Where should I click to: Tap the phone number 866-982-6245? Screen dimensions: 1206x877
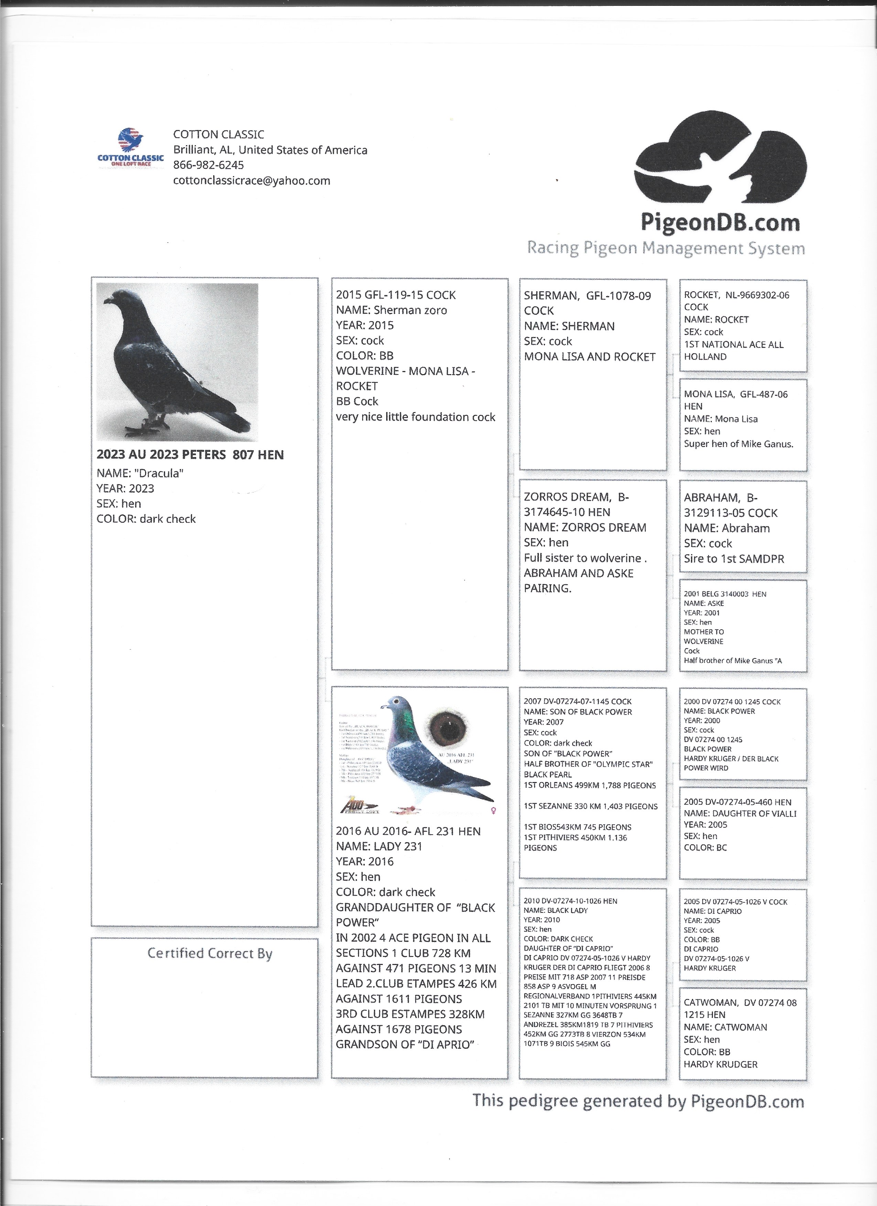(x=208, y=165)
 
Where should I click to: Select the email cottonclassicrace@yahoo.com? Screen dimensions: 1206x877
(x=251, y=180)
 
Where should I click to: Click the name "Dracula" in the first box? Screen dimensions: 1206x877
(x=140, y=473)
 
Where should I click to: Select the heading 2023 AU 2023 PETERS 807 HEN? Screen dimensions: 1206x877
(x=190, y=455)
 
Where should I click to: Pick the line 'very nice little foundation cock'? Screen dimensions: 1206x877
(x=415, y=417)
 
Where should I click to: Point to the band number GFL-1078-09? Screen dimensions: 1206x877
(x=618, y=296)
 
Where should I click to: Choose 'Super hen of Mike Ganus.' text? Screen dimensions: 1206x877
(x=738, y=444)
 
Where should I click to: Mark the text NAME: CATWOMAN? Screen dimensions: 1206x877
(x=725, y=1027)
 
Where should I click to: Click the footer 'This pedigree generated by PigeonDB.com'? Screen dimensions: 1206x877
(x=638, y=1101)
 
